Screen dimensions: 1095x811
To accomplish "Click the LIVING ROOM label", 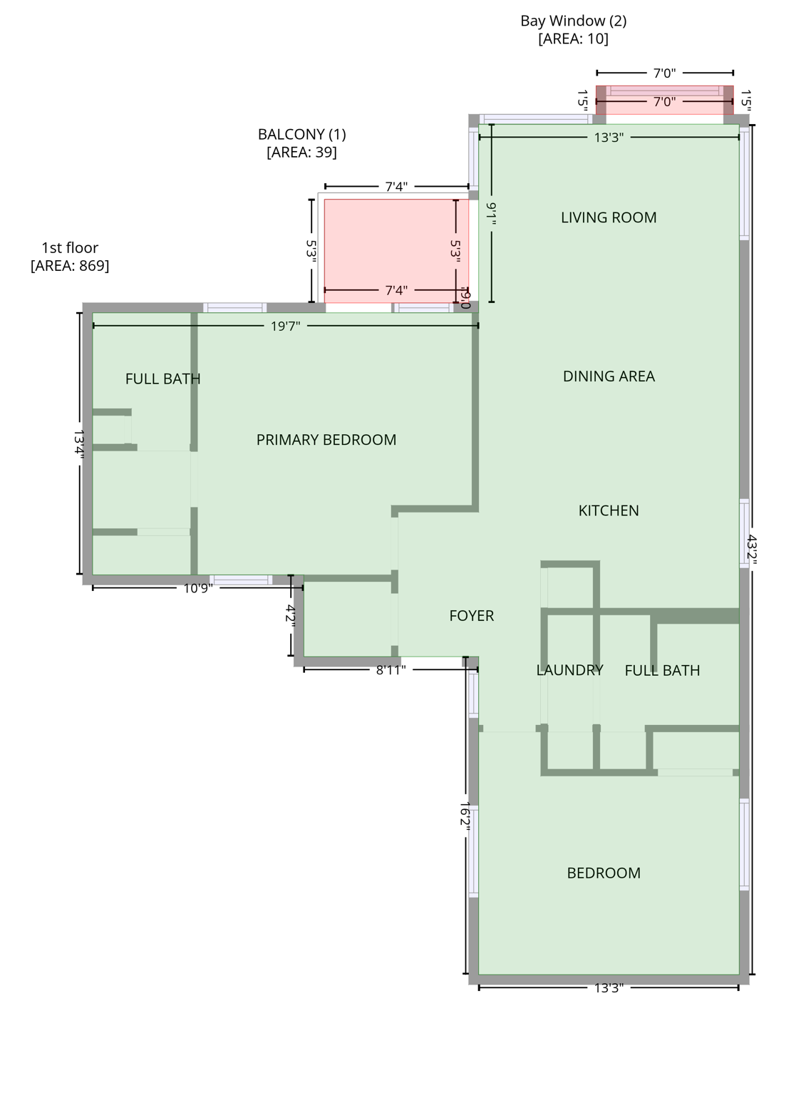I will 609,217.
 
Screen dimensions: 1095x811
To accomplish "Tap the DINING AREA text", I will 609,376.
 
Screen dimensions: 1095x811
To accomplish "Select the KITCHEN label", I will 609,510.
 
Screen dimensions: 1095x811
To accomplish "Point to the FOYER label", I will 471,616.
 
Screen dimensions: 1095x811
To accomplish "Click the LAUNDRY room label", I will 569,670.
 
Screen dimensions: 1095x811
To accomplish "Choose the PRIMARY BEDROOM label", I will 326,440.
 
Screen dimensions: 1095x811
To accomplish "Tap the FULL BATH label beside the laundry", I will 662,670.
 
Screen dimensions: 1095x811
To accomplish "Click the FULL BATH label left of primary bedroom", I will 162,379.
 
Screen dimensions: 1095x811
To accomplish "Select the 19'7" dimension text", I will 285,326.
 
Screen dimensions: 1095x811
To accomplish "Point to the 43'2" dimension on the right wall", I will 752,550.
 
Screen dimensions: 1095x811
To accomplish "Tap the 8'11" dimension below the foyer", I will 391,669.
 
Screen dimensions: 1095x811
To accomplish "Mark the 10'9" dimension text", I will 198,588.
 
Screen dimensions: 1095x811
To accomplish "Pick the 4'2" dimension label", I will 291,615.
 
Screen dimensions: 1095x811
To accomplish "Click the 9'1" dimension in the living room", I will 492,213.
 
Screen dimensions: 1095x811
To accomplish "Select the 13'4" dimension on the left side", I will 79,443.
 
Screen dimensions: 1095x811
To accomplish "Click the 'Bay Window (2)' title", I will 573,21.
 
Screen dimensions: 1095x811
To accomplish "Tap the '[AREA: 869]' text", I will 70,266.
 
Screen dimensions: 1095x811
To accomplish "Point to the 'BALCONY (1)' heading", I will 301,134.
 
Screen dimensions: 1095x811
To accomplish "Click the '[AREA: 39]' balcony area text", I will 301,152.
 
